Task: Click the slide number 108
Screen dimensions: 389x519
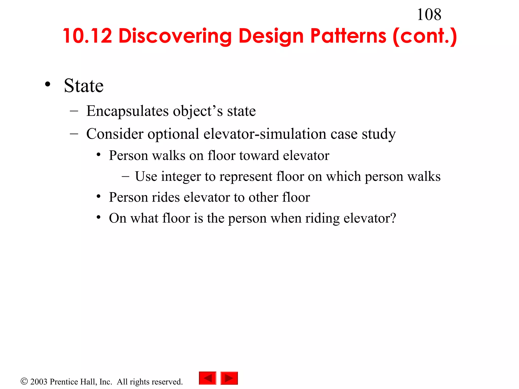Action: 429,15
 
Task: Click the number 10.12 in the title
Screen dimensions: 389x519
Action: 87,36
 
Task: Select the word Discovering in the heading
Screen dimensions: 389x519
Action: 175,36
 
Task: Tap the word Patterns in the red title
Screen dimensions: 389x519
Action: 348,36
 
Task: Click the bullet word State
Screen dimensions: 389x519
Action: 84,86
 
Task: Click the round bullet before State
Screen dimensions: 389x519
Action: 48,85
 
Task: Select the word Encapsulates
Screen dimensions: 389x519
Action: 127,111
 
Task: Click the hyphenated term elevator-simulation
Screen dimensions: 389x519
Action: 265,134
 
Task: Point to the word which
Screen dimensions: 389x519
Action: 343,177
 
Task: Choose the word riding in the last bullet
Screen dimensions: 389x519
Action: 322,218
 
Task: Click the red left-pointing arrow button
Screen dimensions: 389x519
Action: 208,378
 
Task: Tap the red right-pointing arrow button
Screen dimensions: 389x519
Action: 229,378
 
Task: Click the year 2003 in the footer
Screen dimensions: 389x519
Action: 39,382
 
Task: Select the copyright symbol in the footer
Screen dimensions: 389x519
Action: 24,381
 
